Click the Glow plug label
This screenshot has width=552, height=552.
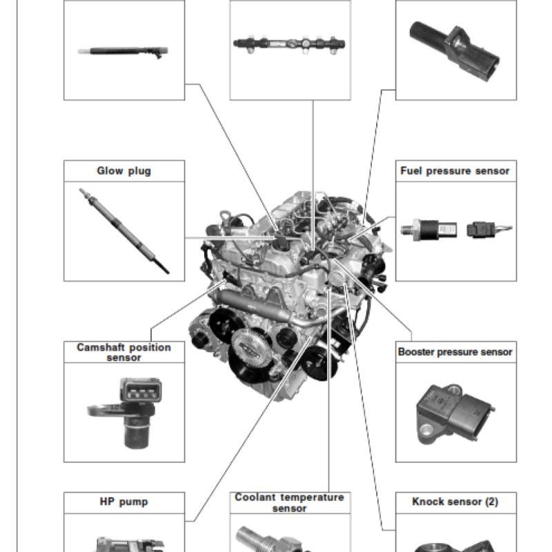click(124, 171)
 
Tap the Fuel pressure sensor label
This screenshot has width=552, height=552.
click(455, 171)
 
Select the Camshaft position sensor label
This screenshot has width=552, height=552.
click(124, 353)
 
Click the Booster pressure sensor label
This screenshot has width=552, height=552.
click(455, 352)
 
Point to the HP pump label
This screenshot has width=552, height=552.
click(124, 502)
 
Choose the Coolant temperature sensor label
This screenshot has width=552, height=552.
click(289, 503)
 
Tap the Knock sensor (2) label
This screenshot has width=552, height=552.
click(455, 502)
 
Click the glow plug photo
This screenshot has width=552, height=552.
click(124, 230)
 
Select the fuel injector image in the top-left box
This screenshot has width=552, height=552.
click(123, 52)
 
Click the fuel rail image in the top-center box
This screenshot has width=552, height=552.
click(289, 45)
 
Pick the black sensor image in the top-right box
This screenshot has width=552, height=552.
click(455, 50)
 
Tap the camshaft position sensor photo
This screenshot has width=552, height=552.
click(125, 413)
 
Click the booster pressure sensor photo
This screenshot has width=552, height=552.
click(456, 415)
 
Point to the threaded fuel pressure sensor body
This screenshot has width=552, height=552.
click(428, 230)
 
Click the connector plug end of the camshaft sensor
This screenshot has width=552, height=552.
click(141, 390)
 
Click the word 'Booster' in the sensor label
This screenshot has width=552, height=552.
click(416, 352)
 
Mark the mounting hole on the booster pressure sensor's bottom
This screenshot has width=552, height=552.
click(426, 430)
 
